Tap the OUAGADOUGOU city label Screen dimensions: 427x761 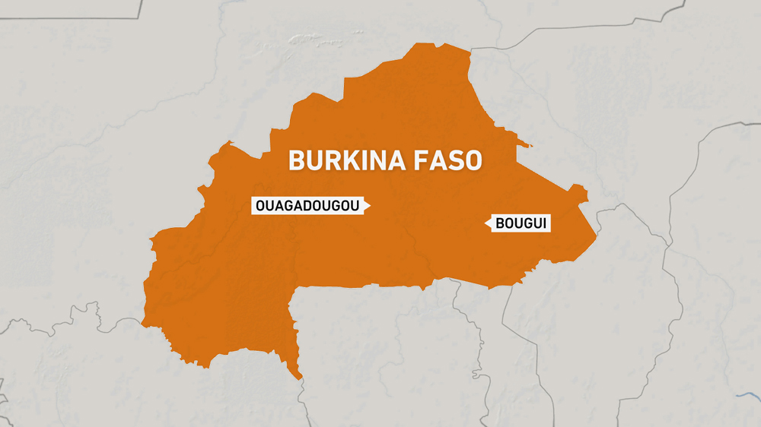(307, 205)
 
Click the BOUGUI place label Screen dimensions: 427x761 (522, 223)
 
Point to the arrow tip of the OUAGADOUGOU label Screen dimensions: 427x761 (369, 205)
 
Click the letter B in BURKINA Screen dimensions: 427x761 (295, 161)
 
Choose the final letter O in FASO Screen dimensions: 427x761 (475, 161)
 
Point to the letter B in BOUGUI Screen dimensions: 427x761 (500, 223)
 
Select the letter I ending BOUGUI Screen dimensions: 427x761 (546, 223)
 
